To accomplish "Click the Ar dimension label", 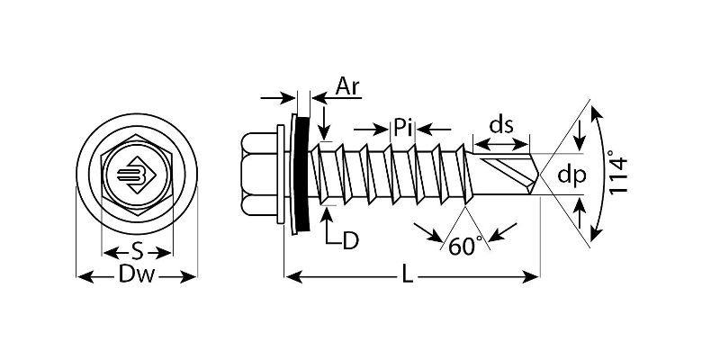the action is pyautogui.click(x=347, y=86).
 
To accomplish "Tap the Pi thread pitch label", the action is pyautogui.click(x=402, y=129).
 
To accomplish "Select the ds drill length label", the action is pyautogui.click(x=501, y=125).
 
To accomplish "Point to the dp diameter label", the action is pyautogui.click(x=571, y=175).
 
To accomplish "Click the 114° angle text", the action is pyautogui.click(x=617, y=173).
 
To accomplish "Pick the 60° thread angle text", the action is pyautogui.click(x=465, y=246).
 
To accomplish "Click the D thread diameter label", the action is pyautogui.click(x=351, y=241).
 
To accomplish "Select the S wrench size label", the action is pyautogui.click(x=137, y=253).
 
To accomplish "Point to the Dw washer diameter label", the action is pyautogui.click(x=137, y=274).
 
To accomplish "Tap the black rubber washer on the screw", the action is pyautogui.click(x=301, y=175).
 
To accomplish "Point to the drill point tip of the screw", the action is pyautogui.click(x=538, y=175).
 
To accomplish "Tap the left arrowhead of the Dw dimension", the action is pyautogui.click(x=85, y=277).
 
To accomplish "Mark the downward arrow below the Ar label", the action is pyautogui.click(x=325, y=122).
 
